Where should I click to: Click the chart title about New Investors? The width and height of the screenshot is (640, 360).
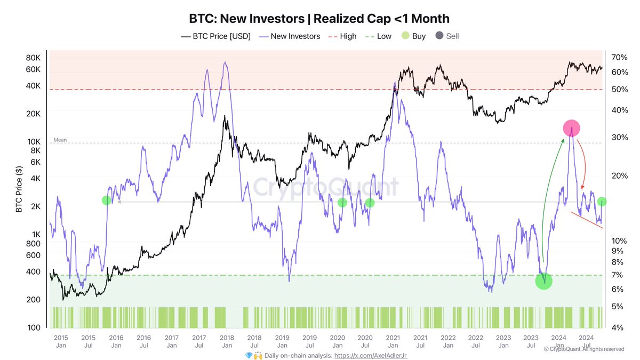(319, 18)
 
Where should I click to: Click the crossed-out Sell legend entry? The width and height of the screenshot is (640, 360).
(447, 36)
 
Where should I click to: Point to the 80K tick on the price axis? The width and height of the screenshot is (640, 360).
(33, 58)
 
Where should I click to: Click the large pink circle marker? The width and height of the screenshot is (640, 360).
(571, 127)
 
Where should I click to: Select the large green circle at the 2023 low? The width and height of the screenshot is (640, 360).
(543, 281)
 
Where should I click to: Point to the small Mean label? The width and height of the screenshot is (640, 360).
(60, 140)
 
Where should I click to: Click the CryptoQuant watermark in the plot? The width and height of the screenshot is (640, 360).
(325, 187)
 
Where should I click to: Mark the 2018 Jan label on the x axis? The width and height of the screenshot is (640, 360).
(227, 341)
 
